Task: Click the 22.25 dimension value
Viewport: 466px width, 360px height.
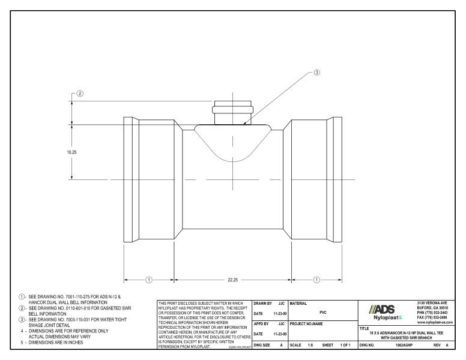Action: tap(233, 280)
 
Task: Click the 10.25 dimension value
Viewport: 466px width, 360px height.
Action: tap(71, 152)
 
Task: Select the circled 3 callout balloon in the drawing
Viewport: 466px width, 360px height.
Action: tap(318, 73)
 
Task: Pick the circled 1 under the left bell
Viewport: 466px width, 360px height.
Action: tap(150, 280)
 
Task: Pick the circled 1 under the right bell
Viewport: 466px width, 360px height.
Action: tap(316, 280)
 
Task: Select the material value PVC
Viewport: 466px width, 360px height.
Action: tap(323, 312)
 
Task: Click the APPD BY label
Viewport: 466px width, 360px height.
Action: tap(262, 323)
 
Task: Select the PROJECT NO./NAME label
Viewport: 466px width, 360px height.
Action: tap(307, 323)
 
